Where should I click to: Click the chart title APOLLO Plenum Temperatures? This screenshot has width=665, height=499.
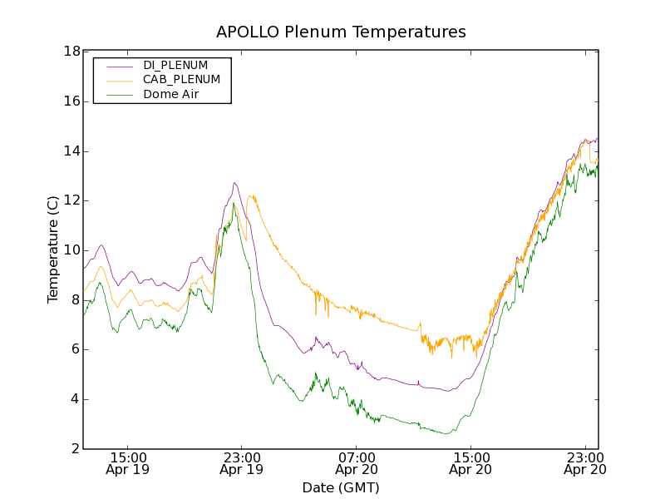click(x=341, y=32)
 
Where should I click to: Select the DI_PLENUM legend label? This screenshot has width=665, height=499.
click(x=175, y=65)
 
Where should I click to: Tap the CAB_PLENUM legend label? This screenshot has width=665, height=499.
click(x=181, y=80)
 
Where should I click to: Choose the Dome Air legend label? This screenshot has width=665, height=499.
click(x=171, y=95)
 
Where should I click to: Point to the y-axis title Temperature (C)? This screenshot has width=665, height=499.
click(x=53, y=249)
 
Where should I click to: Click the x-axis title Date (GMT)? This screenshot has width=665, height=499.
click(x=341, y=487)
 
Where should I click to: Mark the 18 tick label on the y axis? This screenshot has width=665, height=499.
click(x=71, y=52)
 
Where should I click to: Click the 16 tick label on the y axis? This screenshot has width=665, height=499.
click(x=71, y=101)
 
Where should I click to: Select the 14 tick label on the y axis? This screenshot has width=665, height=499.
click(x=71, y=151)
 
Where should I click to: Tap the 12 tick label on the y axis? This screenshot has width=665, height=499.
click(x=71, y=200)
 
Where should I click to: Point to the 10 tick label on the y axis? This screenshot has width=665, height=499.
click(x=71, y=250)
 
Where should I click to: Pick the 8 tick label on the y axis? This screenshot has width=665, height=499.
click(x=75, y=300)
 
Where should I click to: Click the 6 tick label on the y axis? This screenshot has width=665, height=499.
click(x=75, y=349)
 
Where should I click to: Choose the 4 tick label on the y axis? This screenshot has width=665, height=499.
click(x=75, y=399)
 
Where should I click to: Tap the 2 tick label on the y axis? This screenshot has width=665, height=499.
click(x=75, y=449)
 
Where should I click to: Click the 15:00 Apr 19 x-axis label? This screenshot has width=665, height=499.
click(x=128, y=463)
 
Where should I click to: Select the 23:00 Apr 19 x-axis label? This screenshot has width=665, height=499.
click(x=242, y=463)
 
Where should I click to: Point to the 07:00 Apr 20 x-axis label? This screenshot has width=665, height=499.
click(x=357, y=463)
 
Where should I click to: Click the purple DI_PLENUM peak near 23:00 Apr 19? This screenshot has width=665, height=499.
click(x=235, y=183)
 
